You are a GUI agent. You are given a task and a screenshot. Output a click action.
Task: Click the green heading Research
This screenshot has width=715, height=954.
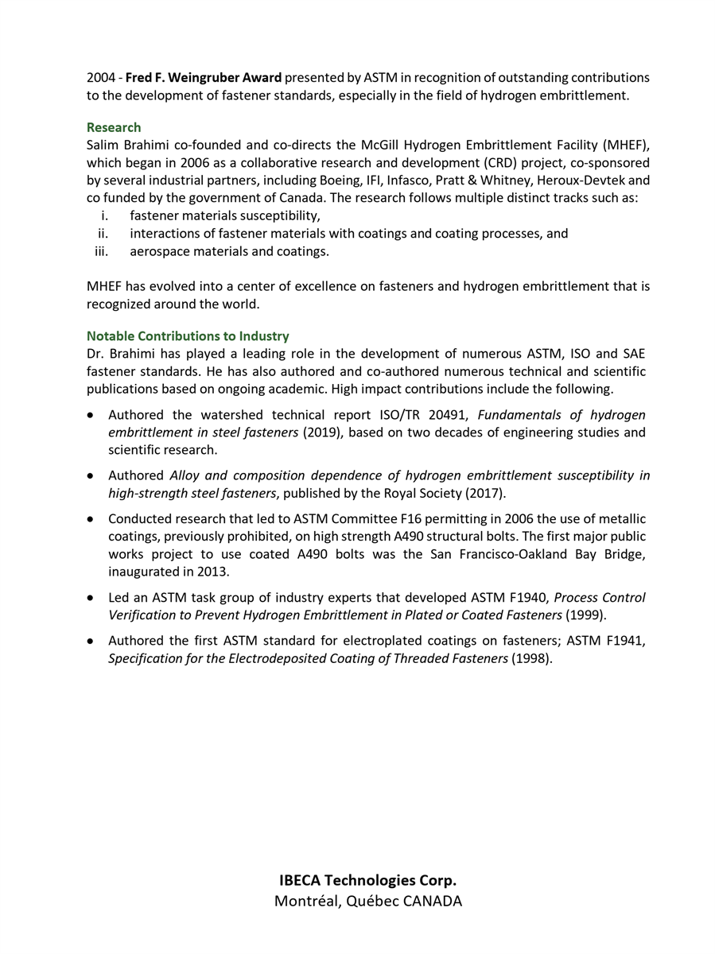[114, 127]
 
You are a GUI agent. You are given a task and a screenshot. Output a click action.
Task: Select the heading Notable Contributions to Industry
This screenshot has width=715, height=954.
[188, 336]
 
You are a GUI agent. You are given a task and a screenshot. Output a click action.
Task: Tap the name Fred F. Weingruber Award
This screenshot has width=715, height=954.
[204, 78]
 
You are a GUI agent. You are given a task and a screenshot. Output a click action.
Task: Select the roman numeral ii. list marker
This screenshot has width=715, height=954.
[103, 234]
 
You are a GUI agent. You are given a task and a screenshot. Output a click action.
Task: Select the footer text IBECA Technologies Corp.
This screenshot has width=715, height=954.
[367, 880]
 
